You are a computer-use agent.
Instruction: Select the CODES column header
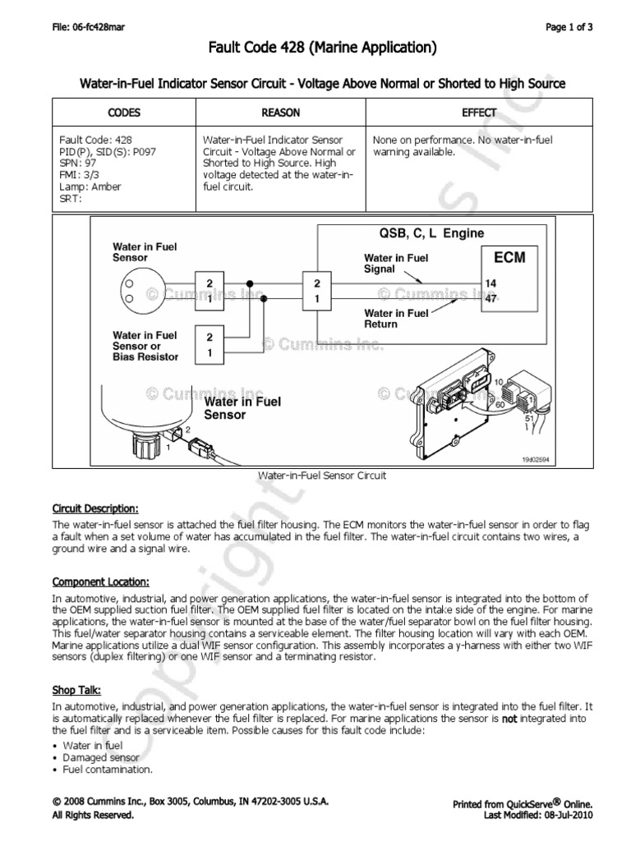click(x=124, y=113)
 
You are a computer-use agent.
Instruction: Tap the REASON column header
click(x=280, y=113)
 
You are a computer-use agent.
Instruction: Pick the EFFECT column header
click(x=479, y=113)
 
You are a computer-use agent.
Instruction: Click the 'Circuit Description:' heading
click(x=95, y=508)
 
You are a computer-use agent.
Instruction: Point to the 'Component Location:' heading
click(x=100, y=581)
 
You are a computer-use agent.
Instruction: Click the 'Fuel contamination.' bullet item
click(x=108, y=770)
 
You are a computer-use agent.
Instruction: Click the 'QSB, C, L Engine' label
click(x=431, y=233)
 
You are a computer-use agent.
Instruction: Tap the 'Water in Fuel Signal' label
click(x=395, y=263)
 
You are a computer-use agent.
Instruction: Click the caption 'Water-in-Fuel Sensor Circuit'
click(x=322, y=476)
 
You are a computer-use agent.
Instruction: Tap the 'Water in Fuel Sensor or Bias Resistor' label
click(x=145, y=346)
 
